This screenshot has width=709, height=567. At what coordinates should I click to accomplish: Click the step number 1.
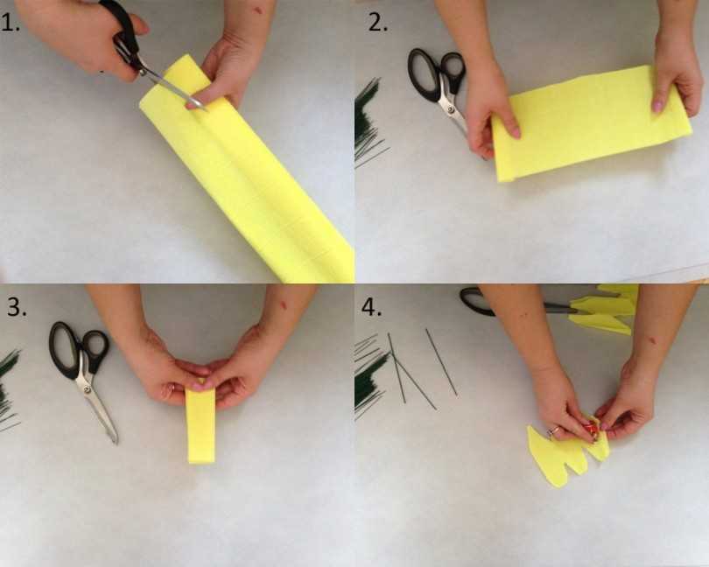tap(11, 24)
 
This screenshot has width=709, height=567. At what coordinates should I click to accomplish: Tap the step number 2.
tap(377, 24)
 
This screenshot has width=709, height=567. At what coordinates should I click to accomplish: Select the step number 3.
tap(17, 307)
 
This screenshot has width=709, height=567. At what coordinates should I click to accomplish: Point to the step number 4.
tap(371, 307)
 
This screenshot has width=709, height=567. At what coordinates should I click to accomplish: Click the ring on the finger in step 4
tap(554, 430)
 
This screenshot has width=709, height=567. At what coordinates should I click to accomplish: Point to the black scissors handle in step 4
tap(476, 301)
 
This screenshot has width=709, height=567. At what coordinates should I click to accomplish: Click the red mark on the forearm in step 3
tap(284, 305)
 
